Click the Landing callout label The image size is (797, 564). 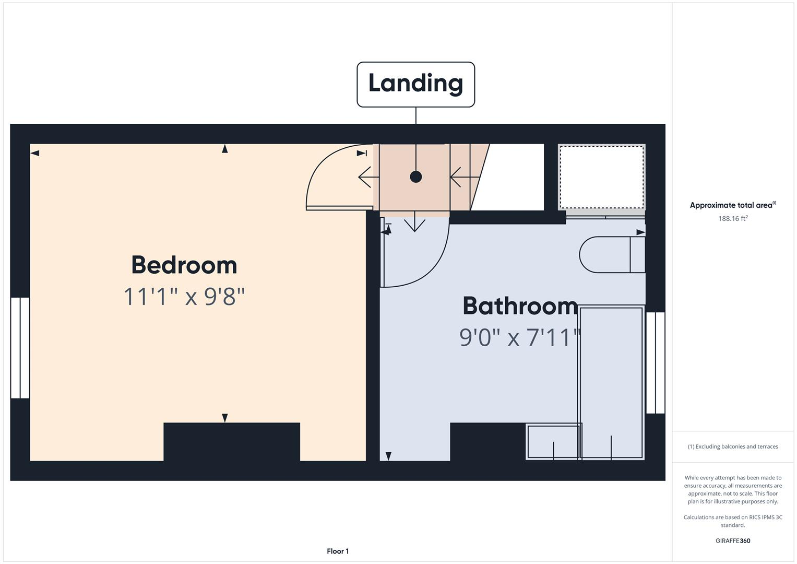coord(415,84)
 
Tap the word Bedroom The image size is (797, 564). coord(184,265)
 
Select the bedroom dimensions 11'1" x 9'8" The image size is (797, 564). coord(184,297)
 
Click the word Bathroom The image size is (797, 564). coord(520,306)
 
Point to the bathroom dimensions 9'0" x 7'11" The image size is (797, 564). coord(520,337)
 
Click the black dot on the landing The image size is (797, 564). coord(415,177)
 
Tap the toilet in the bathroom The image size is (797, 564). coord(611,255)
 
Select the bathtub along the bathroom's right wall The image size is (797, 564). coord(611,381)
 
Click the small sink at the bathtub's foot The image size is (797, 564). coord(553,442)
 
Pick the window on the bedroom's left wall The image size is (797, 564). coord(20,348)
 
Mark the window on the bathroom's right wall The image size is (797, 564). coord(655,363)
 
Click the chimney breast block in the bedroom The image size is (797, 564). coord(231,442)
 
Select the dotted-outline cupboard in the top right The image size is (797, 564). coord(601,177)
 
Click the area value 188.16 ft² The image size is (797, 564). coord(732,218)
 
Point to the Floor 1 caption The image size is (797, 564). coord(338,551)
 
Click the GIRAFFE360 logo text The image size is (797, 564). coord(732,540)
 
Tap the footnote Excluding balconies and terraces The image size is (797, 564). coord(732,446)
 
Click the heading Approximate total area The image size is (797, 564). coord(732,205)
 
